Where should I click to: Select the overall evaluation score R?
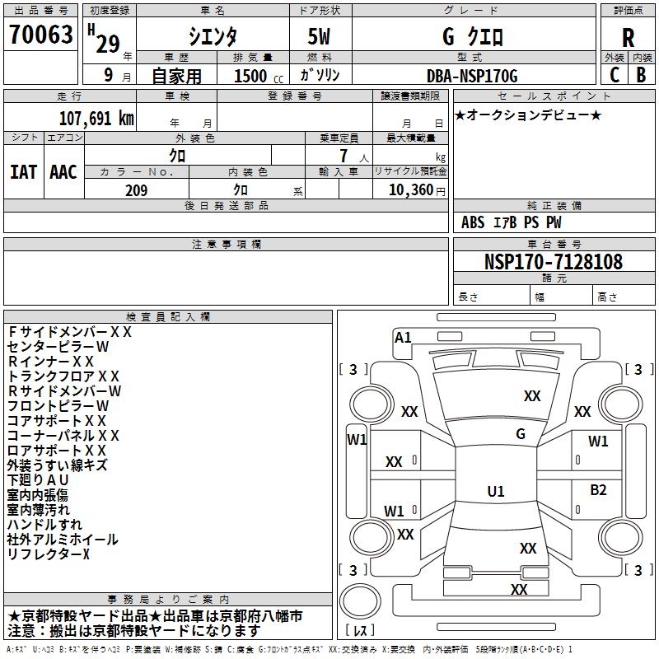[628, 38]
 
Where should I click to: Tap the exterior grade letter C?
[615, 74]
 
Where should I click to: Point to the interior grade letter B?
[642, 74]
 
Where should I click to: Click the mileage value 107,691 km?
[96, 118]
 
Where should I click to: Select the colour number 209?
[136, 190]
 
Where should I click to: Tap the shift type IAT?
[23, 171]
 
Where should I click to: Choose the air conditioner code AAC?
[63, 171]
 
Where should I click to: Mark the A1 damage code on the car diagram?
[403, 337]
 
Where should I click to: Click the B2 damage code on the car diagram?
[598, 490]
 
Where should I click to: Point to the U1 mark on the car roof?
[496, 492]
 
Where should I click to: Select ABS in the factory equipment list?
[473, 222]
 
